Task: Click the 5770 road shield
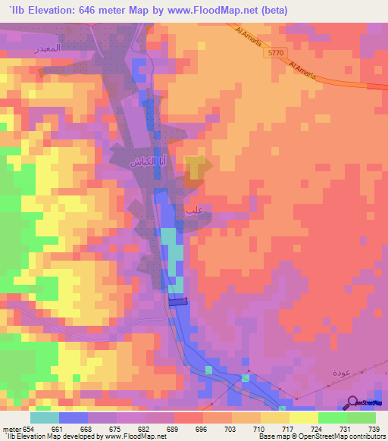(x=277, y=54)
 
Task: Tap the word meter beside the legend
(x=11, y=430)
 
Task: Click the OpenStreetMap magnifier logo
(x=354, y=402)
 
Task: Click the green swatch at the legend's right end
(x=361, y=418)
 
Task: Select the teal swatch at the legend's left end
(x=45, y=418)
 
